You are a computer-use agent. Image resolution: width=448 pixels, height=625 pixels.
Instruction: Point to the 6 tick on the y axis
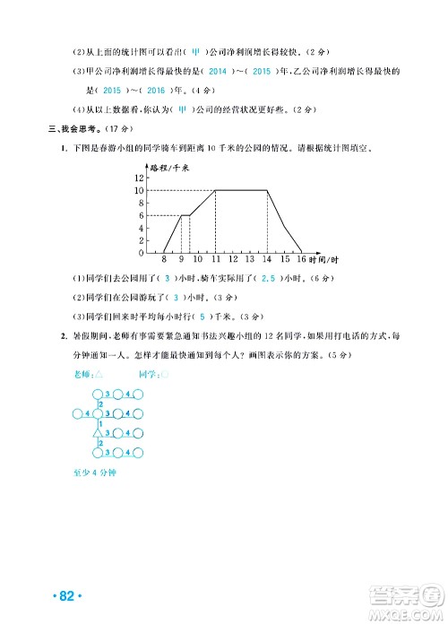click(140, 215)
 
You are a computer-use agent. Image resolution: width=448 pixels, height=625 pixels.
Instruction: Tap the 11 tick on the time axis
click(215, 259)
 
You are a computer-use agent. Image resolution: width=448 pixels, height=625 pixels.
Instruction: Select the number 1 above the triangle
click(99, 423)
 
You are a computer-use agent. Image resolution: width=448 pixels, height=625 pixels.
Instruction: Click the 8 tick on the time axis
click(164, 259)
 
